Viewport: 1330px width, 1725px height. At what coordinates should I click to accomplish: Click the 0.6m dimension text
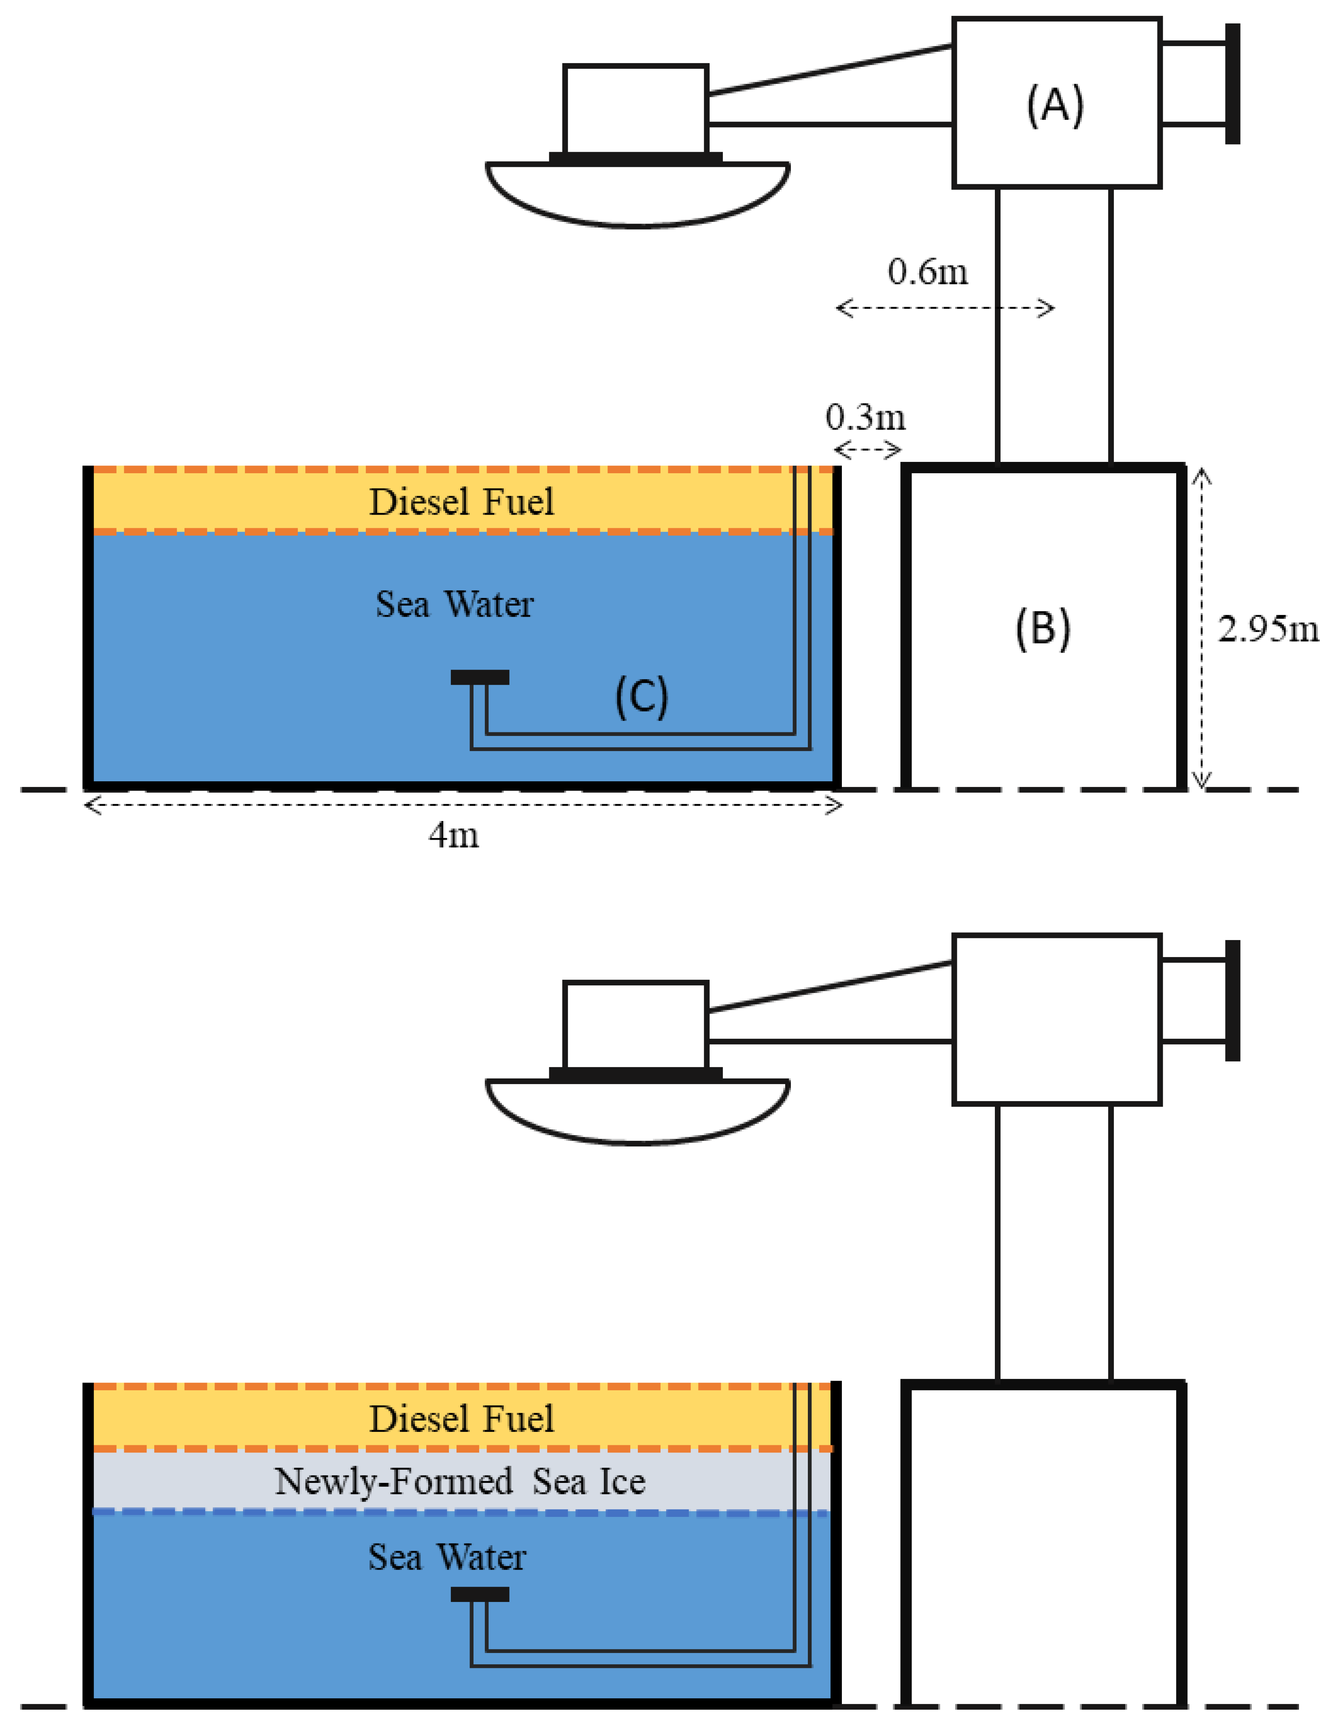click(x=927, y=272)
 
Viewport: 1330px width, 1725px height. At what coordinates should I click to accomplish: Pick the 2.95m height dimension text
click(x=1268, y=630)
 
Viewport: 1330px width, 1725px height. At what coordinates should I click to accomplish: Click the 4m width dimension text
click(x=453, y=835)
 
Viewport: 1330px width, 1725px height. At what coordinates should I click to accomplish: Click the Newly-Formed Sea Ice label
click(x=460, y=1482)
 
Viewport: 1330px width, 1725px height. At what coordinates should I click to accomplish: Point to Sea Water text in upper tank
click(x=454, y=605)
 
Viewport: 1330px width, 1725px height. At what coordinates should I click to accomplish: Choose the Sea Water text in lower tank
click(x=447, y=1557)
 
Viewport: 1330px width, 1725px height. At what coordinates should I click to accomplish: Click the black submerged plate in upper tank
click(x=479, y=677)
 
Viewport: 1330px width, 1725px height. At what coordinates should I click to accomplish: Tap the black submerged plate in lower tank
click(x=479, y=1594)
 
